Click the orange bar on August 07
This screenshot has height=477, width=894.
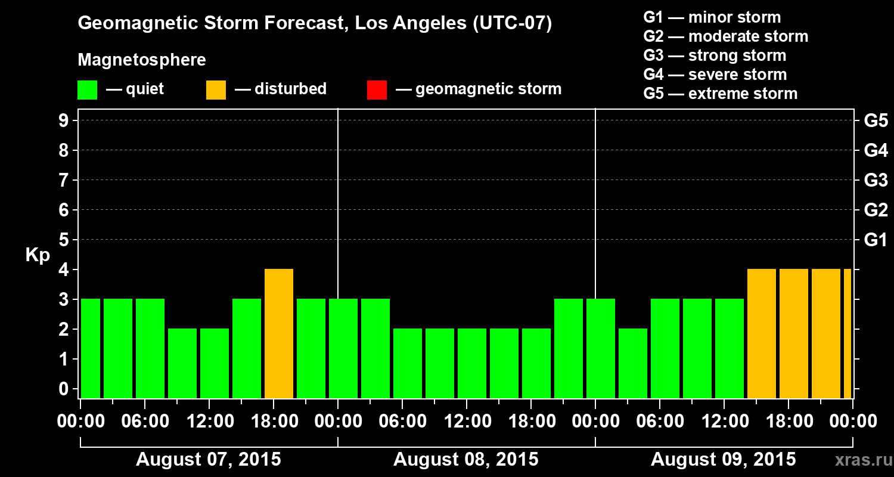tap(279, 334)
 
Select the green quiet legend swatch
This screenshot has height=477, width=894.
tap(87, 89)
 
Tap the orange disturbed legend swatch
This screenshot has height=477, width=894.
tap(216, 89)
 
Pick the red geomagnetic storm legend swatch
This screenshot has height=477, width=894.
tap(377, 89)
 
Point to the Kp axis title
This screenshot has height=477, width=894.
tap(38, 255)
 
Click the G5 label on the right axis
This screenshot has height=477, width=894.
tap(876, 120)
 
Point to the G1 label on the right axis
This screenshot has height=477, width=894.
tap(876, 240)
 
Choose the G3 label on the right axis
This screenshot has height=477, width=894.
tap(876, 180)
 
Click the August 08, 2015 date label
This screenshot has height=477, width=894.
tap(466, 459)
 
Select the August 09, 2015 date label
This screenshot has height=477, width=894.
tap(723, 459)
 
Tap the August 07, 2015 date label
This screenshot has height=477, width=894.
tap(209, 459)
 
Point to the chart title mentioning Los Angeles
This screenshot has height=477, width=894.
tap(315, 24)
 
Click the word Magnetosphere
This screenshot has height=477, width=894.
tap(142, 60)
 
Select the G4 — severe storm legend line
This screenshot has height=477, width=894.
tap(715, 75)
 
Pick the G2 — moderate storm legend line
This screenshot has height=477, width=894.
tap(725, 36)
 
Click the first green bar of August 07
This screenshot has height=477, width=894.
tap(91, 348)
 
